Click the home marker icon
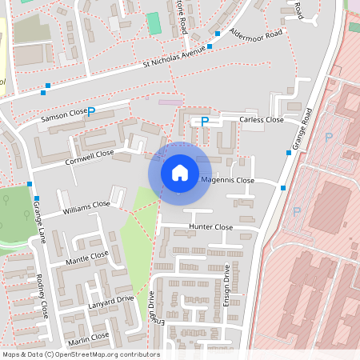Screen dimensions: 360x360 (x=180, y=173)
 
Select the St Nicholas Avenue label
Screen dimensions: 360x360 (x=174, y=58)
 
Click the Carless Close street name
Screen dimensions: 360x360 (x=262, y=119)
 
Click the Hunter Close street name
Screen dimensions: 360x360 (x=210, y=227)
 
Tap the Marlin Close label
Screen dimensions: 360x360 (x=89, y=338)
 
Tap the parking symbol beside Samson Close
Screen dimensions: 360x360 (x=90, y=113)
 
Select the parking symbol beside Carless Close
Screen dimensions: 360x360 (x=205, y=122)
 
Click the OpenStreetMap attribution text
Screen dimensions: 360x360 (x=81, y=354)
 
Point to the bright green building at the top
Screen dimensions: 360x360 (x=154, y=23)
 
